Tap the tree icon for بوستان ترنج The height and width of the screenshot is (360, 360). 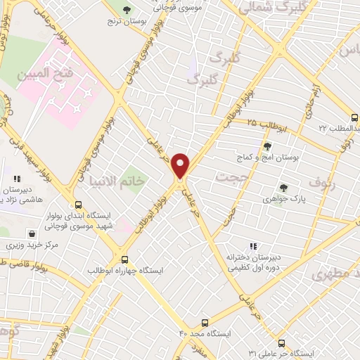[x=126, y=11]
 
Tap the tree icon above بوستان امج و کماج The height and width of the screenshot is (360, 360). [x=266, y=147]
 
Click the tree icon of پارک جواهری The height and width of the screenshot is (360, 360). [x=282, y=187]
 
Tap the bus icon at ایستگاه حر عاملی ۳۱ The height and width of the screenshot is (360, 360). [x=282, y=342]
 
